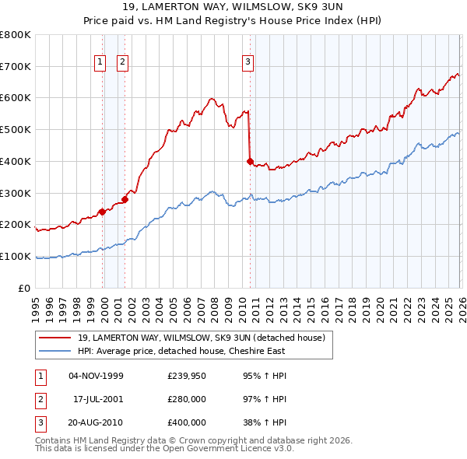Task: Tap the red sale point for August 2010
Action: tap(250, 162)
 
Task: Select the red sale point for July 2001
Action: tap(125, 199)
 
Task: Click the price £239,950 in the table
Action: tap(187, 376)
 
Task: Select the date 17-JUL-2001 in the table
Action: tap(97, 399)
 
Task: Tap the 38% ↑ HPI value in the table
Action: tap(265, 422)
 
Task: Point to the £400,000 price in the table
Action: tap(187, 422)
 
